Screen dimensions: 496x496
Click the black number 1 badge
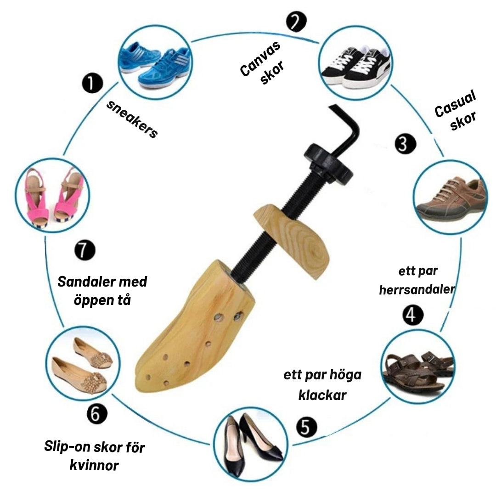coord(92,83)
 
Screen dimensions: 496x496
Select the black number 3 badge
coord(405,144)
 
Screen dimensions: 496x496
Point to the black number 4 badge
coord(412,315)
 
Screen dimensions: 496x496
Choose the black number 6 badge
coord(97,413)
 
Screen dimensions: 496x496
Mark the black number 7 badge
coord(85,250)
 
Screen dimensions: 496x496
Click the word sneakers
coord(132,119)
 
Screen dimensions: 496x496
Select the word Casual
coord(455,103)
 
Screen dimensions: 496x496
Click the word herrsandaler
coord(417,289)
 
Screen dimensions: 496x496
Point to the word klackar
coord(322,395)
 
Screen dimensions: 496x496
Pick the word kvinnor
coord(94,465)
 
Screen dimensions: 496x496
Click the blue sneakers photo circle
coord(155,62)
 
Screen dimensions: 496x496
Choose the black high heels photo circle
coord(251,445)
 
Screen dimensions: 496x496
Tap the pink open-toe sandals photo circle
coord(52,195)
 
